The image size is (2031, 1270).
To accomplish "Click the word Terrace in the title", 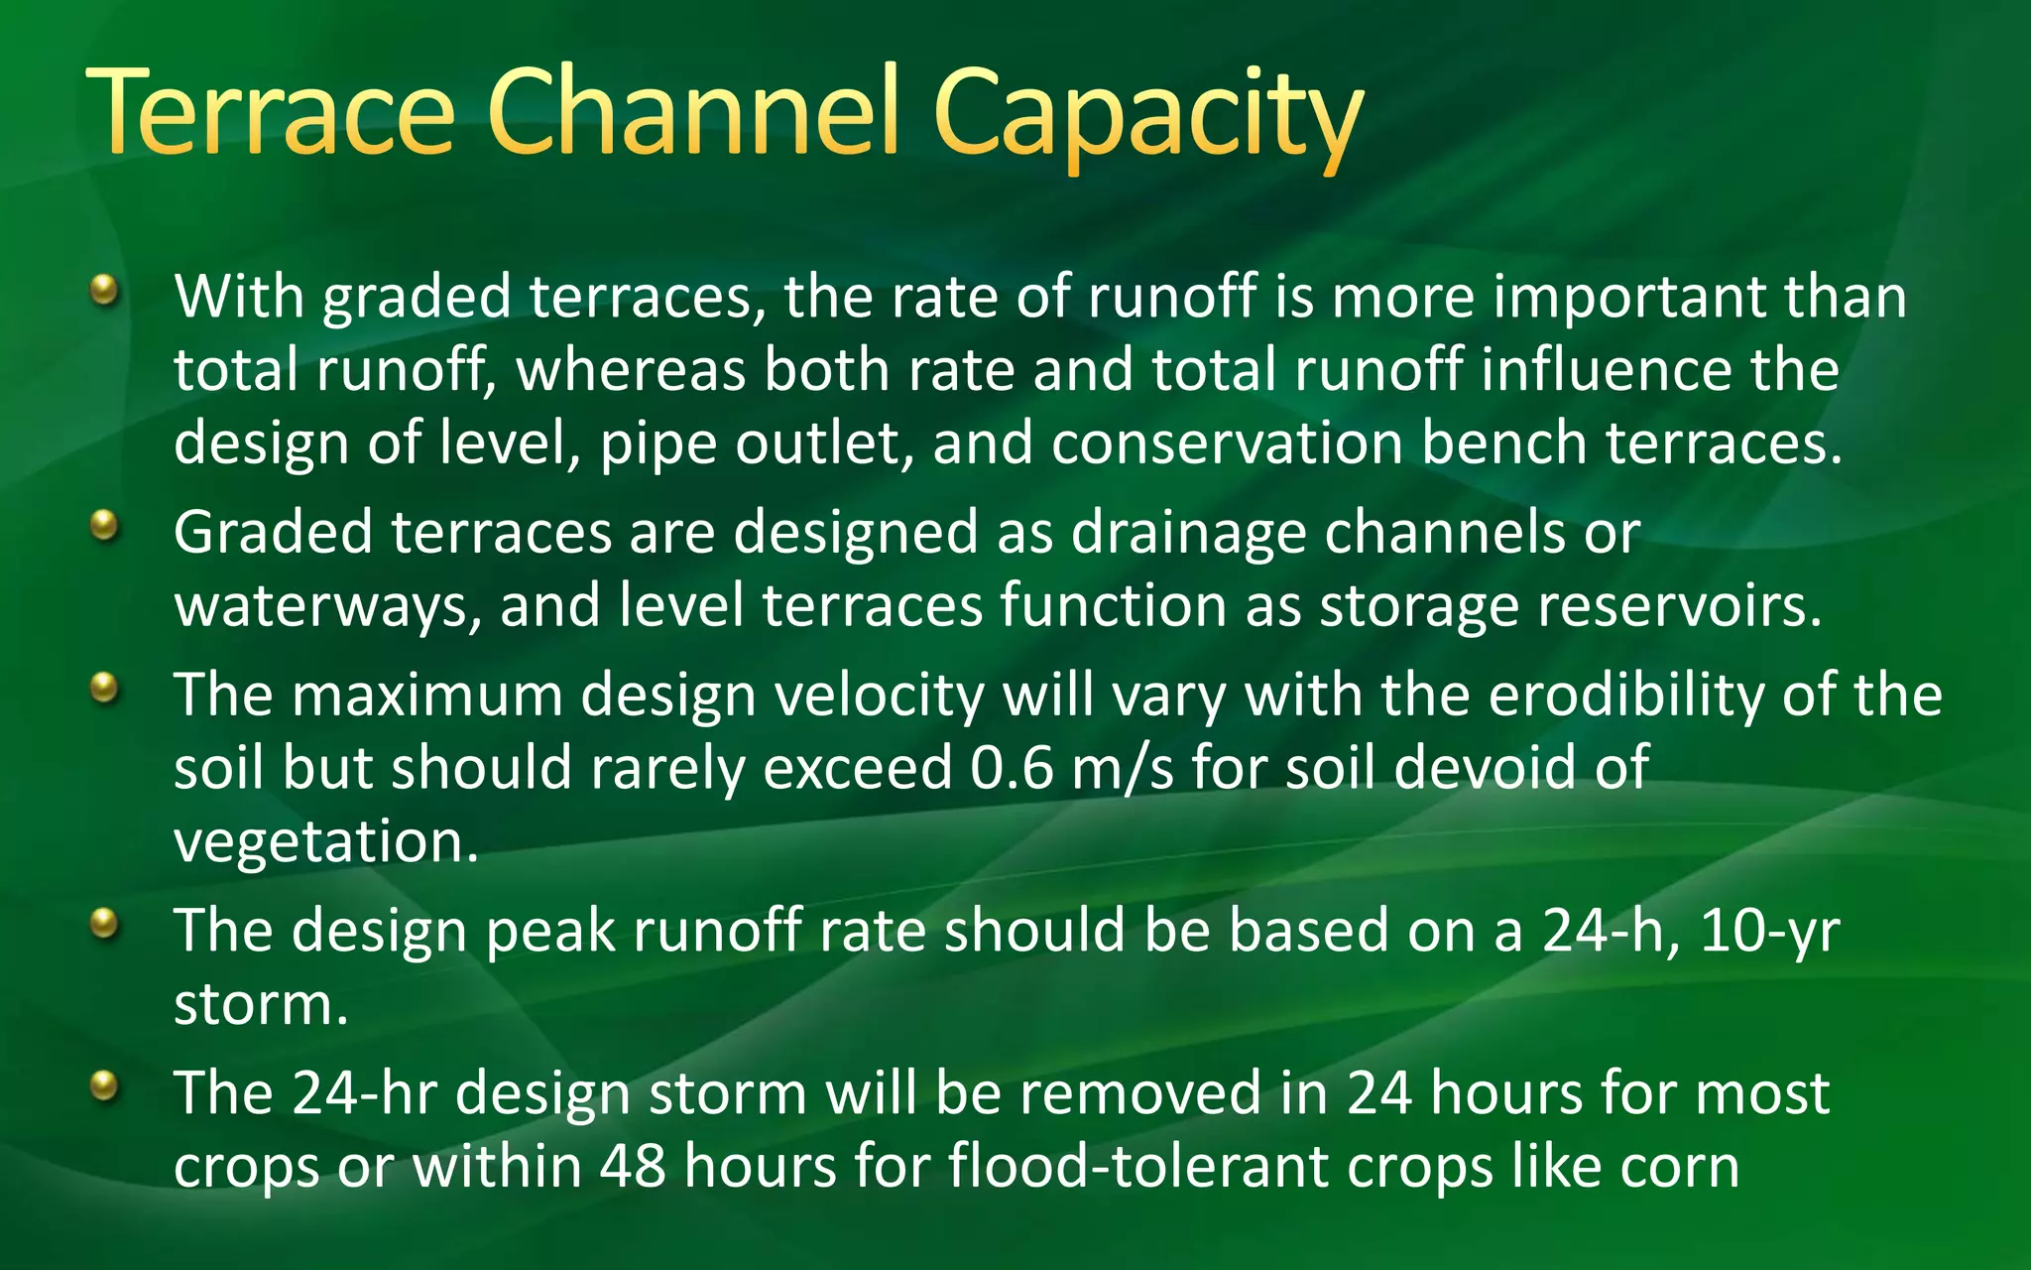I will tap(270, 111).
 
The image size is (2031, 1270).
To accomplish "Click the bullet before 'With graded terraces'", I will tap(103, 291).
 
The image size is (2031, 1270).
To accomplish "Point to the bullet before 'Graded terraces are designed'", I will tap(103, 525).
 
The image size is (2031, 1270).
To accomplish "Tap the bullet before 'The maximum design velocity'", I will tap(103, 687).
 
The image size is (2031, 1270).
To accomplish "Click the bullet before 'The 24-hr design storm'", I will tap(103, 1086).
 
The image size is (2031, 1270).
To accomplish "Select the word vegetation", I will tap(325, 842).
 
